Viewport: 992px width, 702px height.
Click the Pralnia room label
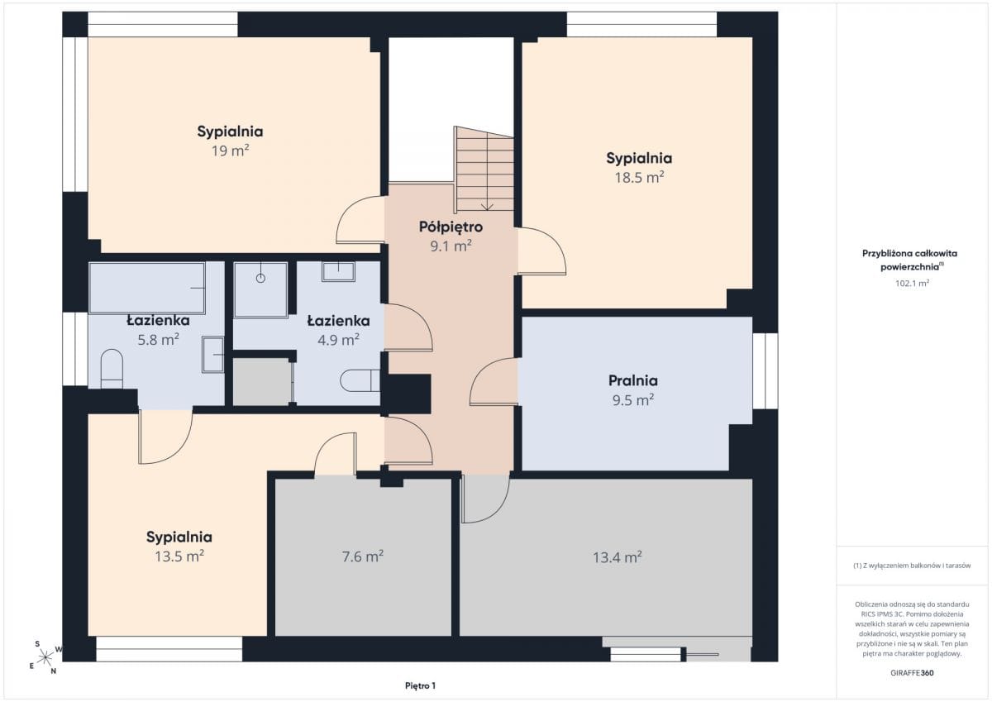(633, 380)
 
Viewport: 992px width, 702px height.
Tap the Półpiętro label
(451, 227)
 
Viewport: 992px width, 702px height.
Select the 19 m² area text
(230, 150)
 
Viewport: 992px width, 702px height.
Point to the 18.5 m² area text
(639, 177)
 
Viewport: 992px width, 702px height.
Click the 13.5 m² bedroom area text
(179, 556)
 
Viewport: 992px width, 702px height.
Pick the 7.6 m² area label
(363, 556)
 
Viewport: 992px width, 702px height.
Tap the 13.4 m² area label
(618, 556)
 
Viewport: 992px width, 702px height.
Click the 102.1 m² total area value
(912, 283)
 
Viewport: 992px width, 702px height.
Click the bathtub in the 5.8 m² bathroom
(147, 289)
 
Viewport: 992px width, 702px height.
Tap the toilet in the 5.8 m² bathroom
(112, 369)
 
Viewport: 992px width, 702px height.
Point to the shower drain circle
(261, 278)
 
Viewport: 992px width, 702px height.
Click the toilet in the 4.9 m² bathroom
(360, 380)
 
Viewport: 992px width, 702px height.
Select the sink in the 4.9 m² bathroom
(338, 271)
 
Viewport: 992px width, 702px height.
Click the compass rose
(45, 657)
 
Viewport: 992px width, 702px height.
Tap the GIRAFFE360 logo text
(912, 673)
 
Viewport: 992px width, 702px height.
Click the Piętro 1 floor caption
(420, 685)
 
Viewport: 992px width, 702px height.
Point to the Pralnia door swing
(494, 381)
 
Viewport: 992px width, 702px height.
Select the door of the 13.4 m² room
(485, 499)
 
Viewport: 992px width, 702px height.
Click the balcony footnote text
(912, 566)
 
